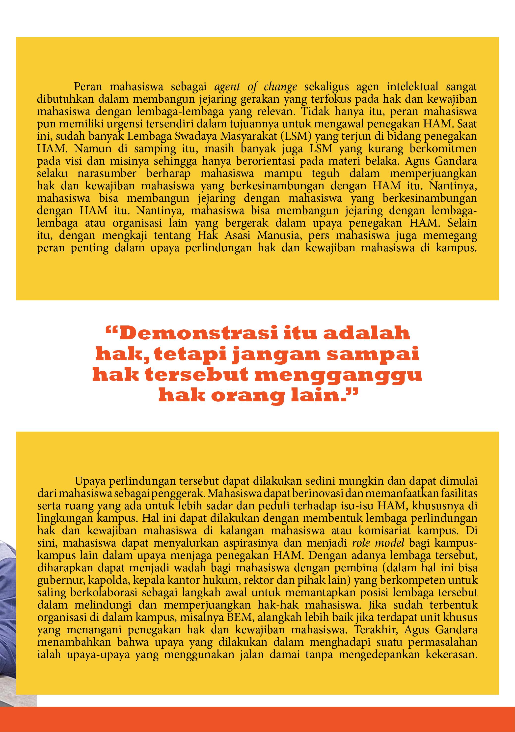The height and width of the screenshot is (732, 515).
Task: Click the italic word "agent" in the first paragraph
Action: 227,87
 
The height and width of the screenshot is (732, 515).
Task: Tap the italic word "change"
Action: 280,87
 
